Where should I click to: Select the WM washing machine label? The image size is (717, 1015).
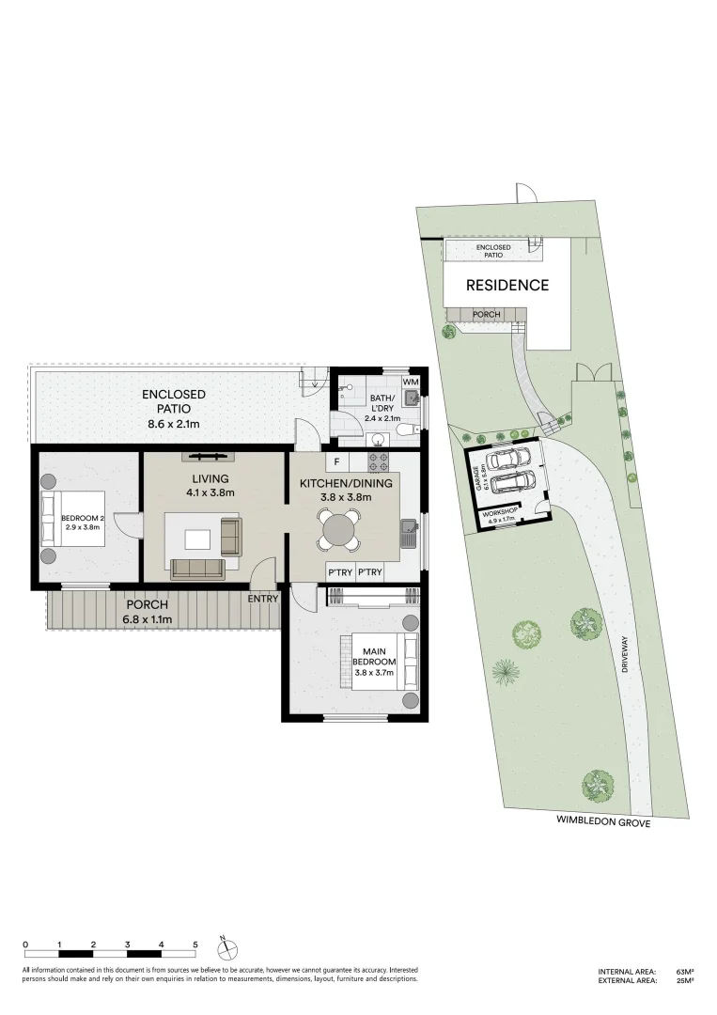(410, 383)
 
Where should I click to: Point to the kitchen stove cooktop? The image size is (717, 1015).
(378, 461)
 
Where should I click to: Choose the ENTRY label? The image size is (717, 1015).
(263, 599)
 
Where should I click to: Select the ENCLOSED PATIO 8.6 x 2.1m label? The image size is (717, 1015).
(174, 409)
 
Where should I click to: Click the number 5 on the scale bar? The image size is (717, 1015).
(195, 944)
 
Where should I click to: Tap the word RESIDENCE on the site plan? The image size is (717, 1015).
(507, 285)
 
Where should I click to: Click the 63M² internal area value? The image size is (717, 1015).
(683, 971)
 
